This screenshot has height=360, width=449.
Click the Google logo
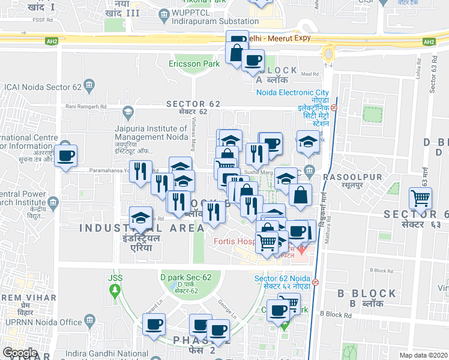tap(20, 353)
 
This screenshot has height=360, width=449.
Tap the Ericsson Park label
tap(194, 63)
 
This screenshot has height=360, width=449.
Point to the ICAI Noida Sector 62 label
tap(41, 86)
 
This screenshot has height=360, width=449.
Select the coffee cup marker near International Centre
tap(66, 157)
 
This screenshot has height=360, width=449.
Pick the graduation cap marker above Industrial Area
tap(140, 217)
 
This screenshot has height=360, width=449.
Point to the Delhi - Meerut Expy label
tap(282, 37)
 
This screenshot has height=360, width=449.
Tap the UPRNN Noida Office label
tap(44, 323)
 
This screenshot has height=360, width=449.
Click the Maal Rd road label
tap(310, 74)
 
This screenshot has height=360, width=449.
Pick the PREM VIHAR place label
tap(28, 298)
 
